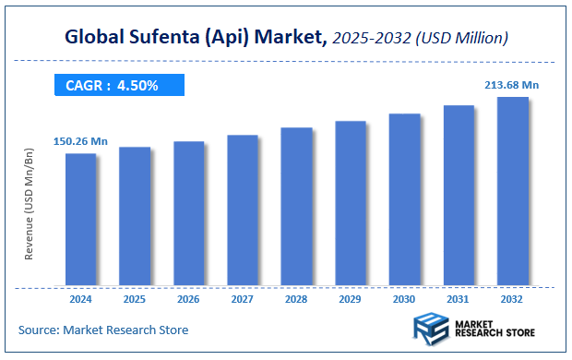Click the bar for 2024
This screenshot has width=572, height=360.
click(x=81, y=219)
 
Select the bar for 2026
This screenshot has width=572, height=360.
click(x=189, y=213)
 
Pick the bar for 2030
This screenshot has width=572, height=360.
click(x=405, y=199)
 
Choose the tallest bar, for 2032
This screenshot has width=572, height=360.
click(x=513, y=191)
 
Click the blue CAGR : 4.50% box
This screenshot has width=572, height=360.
click(x=119, y=86)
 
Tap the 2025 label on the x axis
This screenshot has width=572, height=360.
click(x=135, y=299)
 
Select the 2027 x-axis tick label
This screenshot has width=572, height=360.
click(x=243, y=299)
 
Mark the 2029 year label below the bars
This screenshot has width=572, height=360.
click(x=351, y=299)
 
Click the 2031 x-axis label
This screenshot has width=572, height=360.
click(x=459, y=299)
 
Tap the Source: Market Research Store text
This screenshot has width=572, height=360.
click(x=102, y=330)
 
